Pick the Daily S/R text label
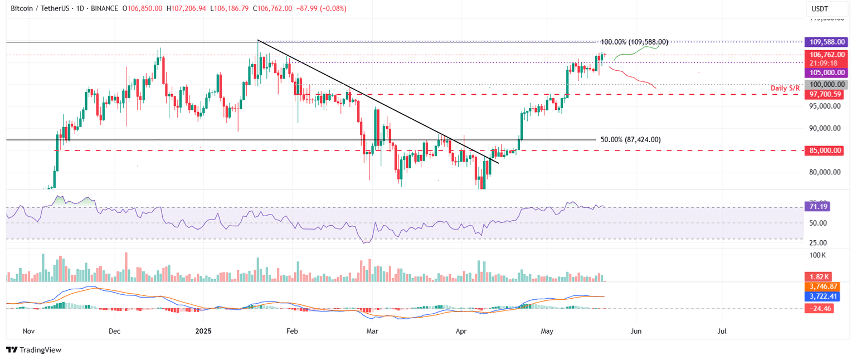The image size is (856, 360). [785, 88]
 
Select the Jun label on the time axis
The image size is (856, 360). [636, 331]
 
